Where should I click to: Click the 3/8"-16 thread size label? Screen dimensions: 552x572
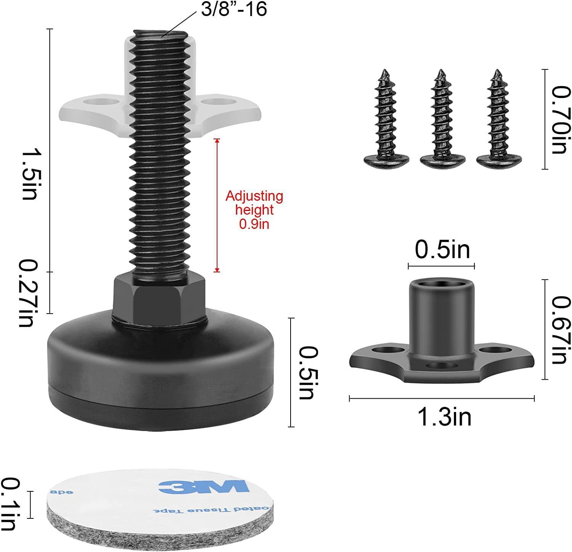(234, 10)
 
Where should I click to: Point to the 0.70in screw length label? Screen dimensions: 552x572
(562, 119)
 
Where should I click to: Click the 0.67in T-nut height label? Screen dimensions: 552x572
(562, 330)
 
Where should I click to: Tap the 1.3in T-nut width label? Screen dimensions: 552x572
(445, 417)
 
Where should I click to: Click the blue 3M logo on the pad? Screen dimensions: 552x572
(204, 487)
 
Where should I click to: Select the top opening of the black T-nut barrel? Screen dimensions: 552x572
(441, 284)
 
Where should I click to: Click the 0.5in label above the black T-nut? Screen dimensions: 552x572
(442, 251)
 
